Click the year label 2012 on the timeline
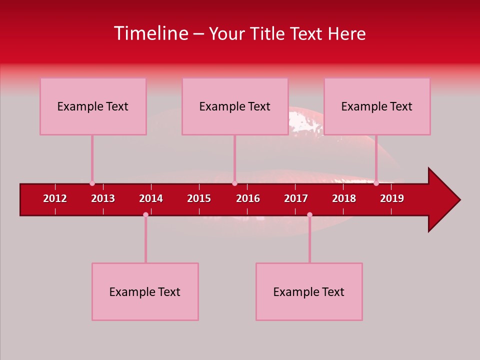(55, 198)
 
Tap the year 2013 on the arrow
(103, 198)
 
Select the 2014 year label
(151, 198)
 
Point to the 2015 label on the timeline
(199, 198)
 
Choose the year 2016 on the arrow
(248, 198)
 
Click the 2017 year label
(296, 198)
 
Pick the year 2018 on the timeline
(344, 198)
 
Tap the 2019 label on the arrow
(392, 198)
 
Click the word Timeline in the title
(151, 33)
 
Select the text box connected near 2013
(93, 106)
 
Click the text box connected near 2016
(235, 106)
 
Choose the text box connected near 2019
(377, 106)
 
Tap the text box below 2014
(145, 292)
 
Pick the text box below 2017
(309, 292)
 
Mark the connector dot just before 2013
(92, 183)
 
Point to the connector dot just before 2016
(234, 183)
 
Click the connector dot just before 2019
(376, 183)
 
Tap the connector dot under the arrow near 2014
(145, 215)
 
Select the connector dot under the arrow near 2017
(309, 215)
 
